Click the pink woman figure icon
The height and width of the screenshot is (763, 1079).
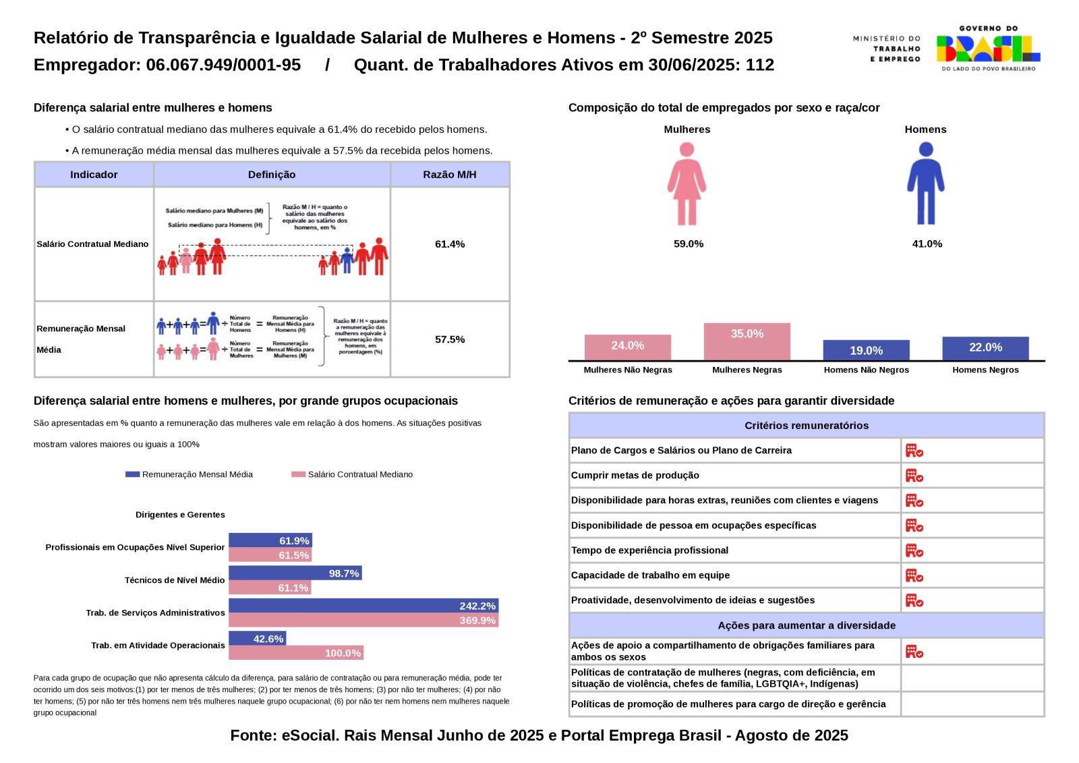coord(687,183)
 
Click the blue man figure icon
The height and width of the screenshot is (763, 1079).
coord(925,183)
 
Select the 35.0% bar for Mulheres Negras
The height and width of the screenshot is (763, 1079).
coord(747,341)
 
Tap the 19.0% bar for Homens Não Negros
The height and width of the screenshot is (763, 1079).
coord(866,350)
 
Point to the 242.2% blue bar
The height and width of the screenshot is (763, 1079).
coord(363,606)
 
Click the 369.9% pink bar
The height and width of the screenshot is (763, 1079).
coord(363,620)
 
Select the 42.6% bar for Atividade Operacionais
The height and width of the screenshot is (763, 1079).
coord(257,638)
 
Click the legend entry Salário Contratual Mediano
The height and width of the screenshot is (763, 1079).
coord(353,474)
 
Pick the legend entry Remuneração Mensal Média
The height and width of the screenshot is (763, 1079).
coord(189,474)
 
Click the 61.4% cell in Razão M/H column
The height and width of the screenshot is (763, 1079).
coord(450,244)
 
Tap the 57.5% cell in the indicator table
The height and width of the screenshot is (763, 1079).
coord(450,339)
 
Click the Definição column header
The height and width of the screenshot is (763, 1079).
coord(272,175)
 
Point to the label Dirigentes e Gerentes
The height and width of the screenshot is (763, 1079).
coord(180,515)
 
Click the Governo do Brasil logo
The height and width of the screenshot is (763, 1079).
coord(988,49)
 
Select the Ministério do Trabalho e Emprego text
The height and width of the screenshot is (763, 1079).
coord(886,49)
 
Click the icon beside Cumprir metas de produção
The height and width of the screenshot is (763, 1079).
coord(914,476)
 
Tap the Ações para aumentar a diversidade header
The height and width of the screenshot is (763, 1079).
coord(807,625)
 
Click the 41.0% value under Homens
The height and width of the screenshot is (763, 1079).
coord(927,244)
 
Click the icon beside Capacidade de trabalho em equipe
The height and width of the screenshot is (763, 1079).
coord(914,575)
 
